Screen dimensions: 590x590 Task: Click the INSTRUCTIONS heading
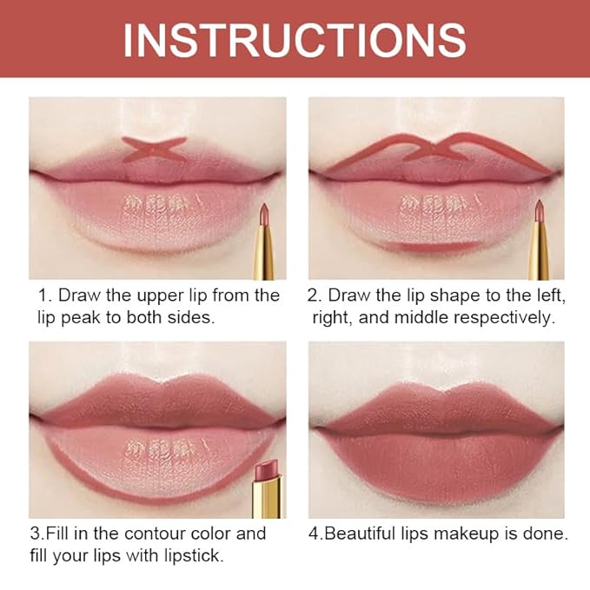[295, 39]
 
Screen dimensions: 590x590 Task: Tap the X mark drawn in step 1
[154, 149]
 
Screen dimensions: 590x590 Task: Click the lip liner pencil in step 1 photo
[264, 239]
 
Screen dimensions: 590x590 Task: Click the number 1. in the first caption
[45, 295]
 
